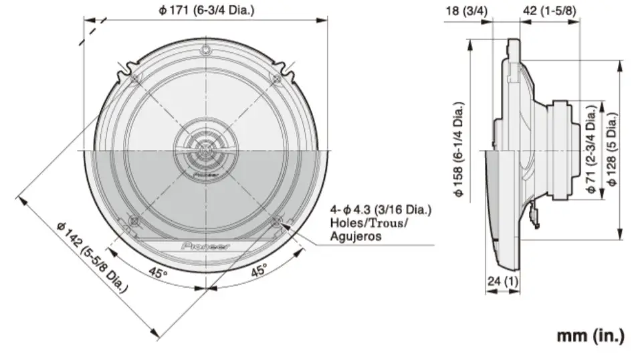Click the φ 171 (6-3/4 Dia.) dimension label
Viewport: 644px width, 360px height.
(206, 9)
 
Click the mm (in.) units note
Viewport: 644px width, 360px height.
(591, 335)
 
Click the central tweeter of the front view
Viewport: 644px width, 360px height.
(206, 151)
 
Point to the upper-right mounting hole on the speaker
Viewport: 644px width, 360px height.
(277, 79)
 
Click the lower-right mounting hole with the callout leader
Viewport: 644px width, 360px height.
(277, 221)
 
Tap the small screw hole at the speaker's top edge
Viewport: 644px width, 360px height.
(206, 50)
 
